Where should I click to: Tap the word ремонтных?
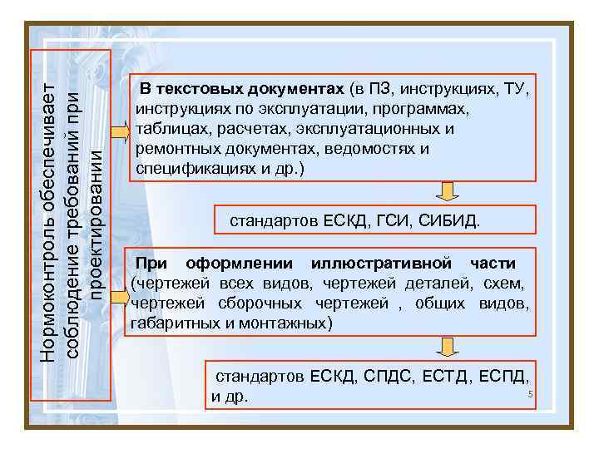pyautogui.click(x=170, y=149)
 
